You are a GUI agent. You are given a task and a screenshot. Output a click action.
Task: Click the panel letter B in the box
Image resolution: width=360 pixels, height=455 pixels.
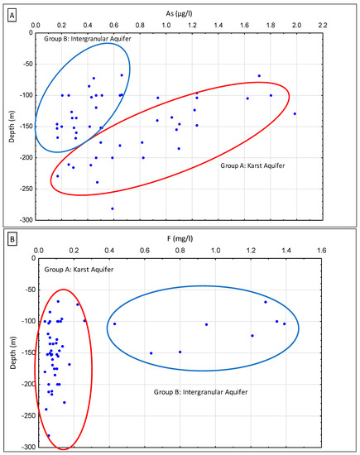[11, 245]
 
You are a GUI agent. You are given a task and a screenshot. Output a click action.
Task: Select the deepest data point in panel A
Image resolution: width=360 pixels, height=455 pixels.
[113, 208]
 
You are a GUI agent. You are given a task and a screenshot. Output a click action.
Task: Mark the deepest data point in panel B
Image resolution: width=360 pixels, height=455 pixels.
[48, 435]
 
